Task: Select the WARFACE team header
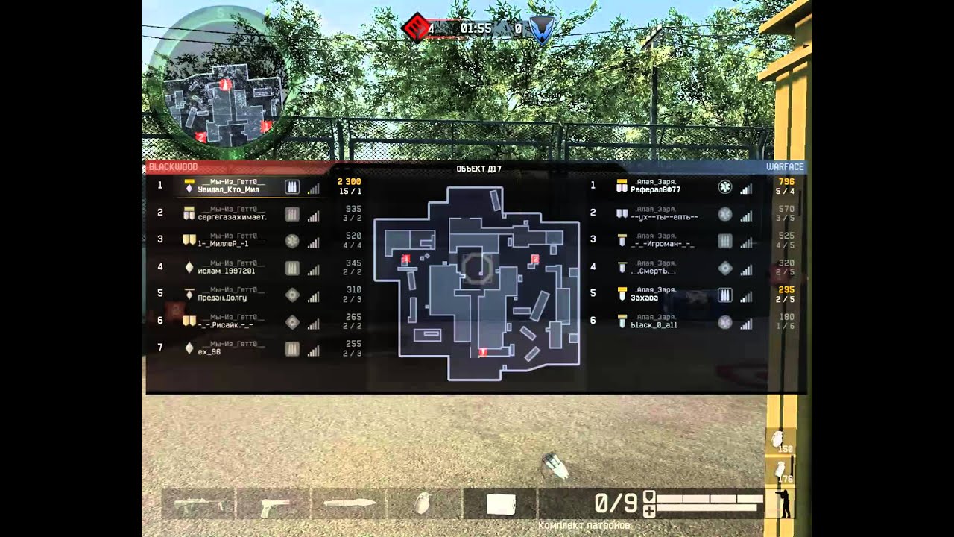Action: pos(785,167)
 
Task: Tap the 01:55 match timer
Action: pos(476,28)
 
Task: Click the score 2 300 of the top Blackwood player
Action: pos(349,181)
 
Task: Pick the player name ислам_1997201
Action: pos(227,271)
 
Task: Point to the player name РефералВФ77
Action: pos(655,190)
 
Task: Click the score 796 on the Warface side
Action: pos(786,181)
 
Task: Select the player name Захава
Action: pos(644,298)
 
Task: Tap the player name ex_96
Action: pos(209,351)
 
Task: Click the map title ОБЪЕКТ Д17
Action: pos(478,169)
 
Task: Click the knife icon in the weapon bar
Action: pos(349,503)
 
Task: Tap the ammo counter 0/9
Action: pos(616,503)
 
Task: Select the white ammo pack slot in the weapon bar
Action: pos(500,504)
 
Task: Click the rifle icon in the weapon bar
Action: pos(198,504)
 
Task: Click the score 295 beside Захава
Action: pos(786,290)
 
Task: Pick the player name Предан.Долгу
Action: pos(222,298)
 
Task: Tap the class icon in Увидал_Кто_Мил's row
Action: pos(292,187)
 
